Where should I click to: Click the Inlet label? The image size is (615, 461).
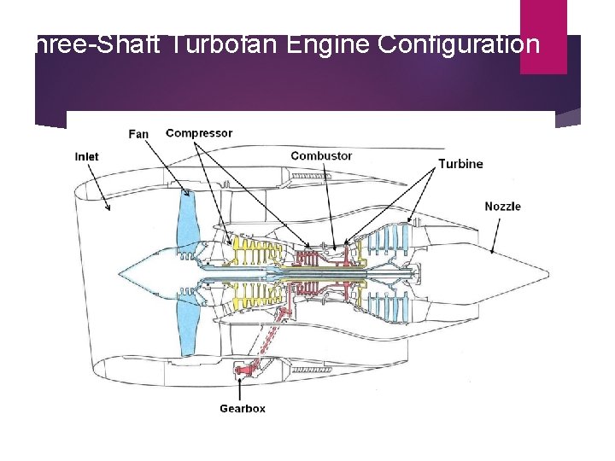(x=86, y=156)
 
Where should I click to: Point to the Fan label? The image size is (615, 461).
(x=138, y=134)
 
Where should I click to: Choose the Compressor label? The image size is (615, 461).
(x=199, y=133)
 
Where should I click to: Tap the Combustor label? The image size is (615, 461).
(x=321, y=156)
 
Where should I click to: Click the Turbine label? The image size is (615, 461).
(x=460, y=164)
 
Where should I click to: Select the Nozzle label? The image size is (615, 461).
(x=502, y=207)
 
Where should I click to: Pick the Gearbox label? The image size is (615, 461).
(x=243, y=409)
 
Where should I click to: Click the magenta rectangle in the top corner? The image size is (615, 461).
(x=543, y=36)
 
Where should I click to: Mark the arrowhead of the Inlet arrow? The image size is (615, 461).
(x=109, y=208)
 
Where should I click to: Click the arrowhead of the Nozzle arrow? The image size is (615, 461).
(x=493, y=253)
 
